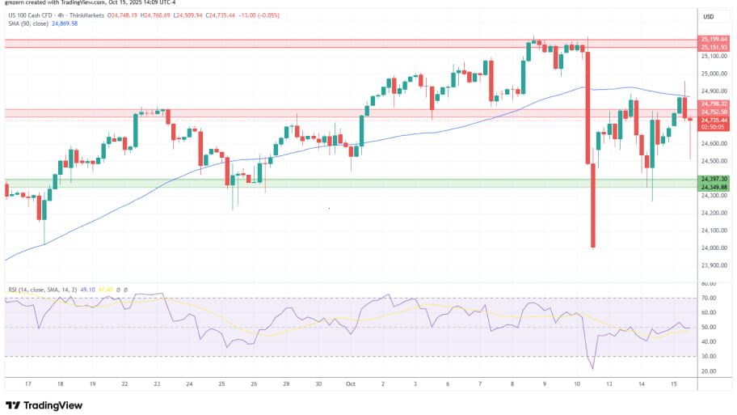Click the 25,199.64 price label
click(714, 39)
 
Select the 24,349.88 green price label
click(714, 187)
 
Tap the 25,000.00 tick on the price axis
click(714, 74)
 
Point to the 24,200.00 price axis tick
click(714, 213)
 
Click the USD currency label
click(710, 17)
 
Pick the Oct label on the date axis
click(351, 384)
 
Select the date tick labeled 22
click(125, 384)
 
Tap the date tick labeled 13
click(609, 384)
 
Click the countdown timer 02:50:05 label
click(714, 127)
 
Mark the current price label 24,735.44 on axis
click(714, 120)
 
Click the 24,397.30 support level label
click(714, 179)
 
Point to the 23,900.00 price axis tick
click(714, 265)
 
